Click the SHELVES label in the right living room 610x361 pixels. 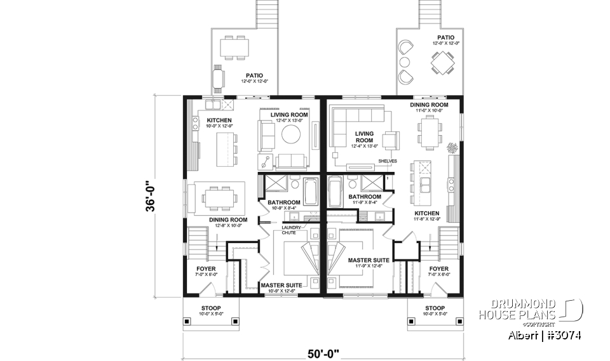click(387, 161)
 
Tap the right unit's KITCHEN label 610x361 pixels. click(426, 214)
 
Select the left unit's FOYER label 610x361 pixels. click(206, 269)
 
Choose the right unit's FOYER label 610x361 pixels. click(439, 269)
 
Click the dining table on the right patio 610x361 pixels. click(442, 63)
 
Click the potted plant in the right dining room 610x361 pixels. click(452, 148)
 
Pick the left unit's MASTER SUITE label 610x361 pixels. click(280, 286)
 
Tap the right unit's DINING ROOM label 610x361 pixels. click(429, 105)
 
